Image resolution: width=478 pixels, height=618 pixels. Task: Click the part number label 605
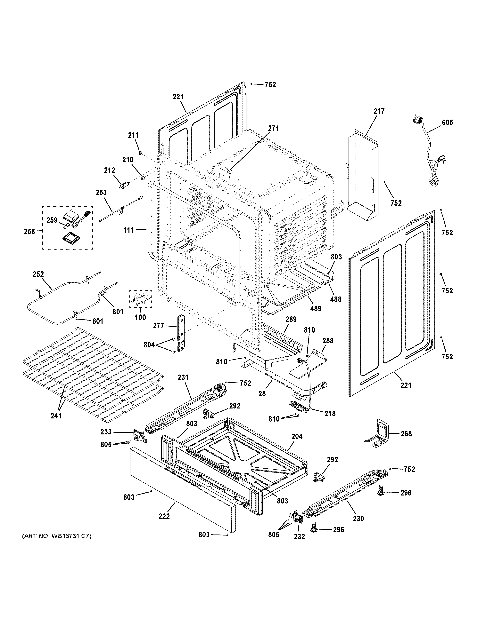[x=447, y=123]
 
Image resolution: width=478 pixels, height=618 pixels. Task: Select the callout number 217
[x=379, y=111]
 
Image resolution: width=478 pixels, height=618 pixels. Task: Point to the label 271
[x=273, y=129]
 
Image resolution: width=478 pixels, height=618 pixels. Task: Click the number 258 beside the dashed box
[x=29, y=232]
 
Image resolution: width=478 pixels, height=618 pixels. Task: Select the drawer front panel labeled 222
[x=181, y=489]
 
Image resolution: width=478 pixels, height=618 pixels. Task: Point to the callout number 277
[x=159, y=326]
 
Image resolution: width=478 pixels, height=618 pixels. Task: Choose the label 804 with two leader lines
[x=149, y=345]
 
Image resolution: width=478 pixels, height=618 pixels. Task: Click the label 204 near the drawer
[x=297, y=437]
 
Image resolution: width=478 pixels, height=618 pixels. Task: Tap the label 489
[x=316, y=309]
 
